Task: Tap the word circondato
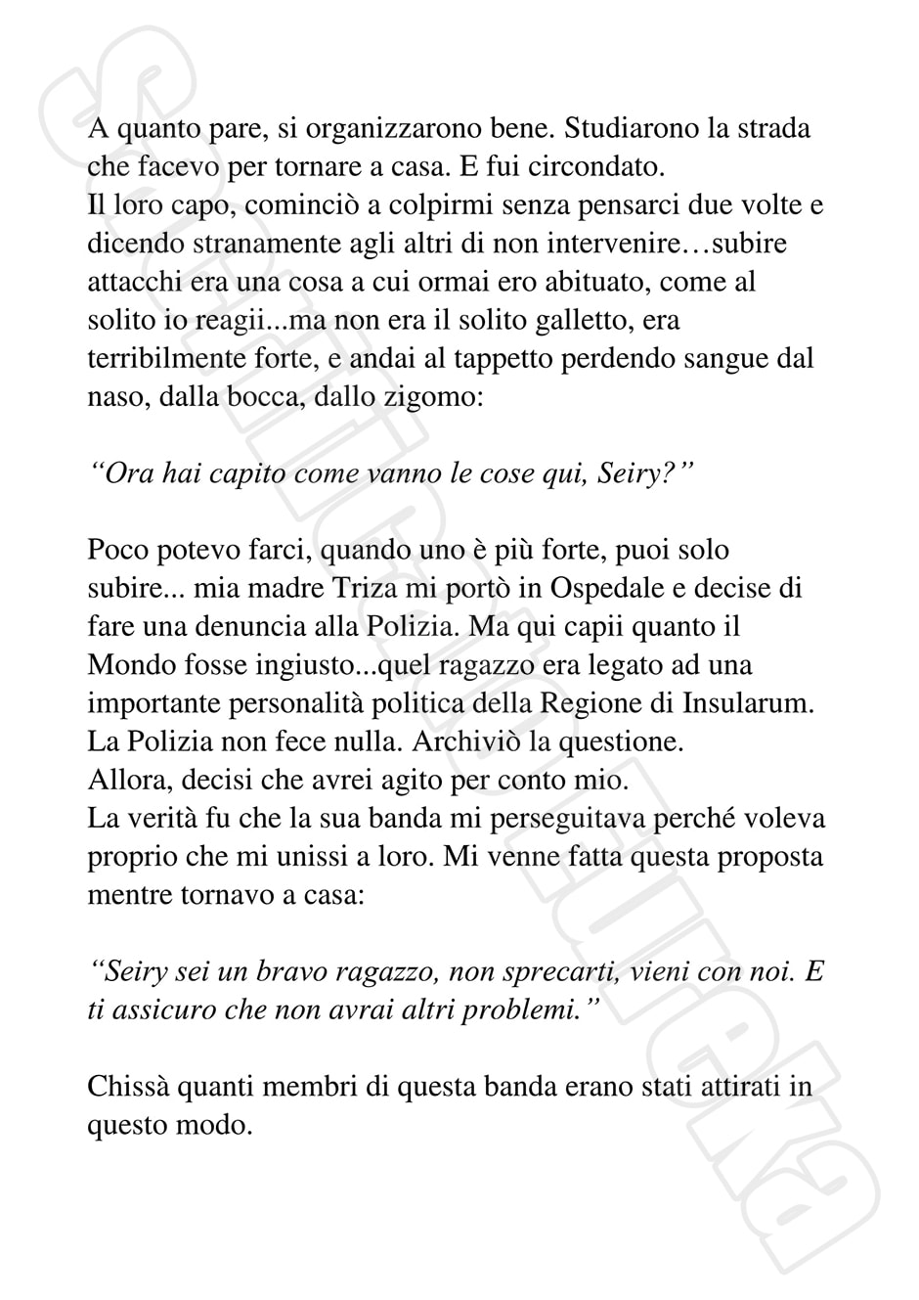coord(595,166)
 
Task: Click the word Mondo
coord(127,665)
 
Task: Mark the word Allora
coord(123,781)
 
